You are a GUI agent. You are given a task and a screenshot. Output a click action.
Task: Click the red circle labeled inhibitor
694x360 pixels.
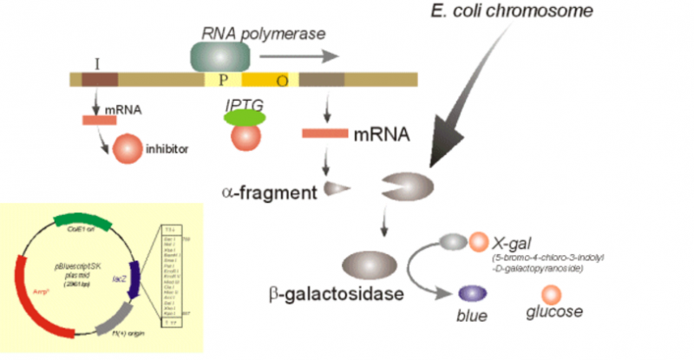pos(127,147)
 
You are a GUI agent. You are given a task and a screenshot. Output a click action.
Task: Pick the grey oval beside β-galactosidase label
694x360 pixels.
pos(371,264)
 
